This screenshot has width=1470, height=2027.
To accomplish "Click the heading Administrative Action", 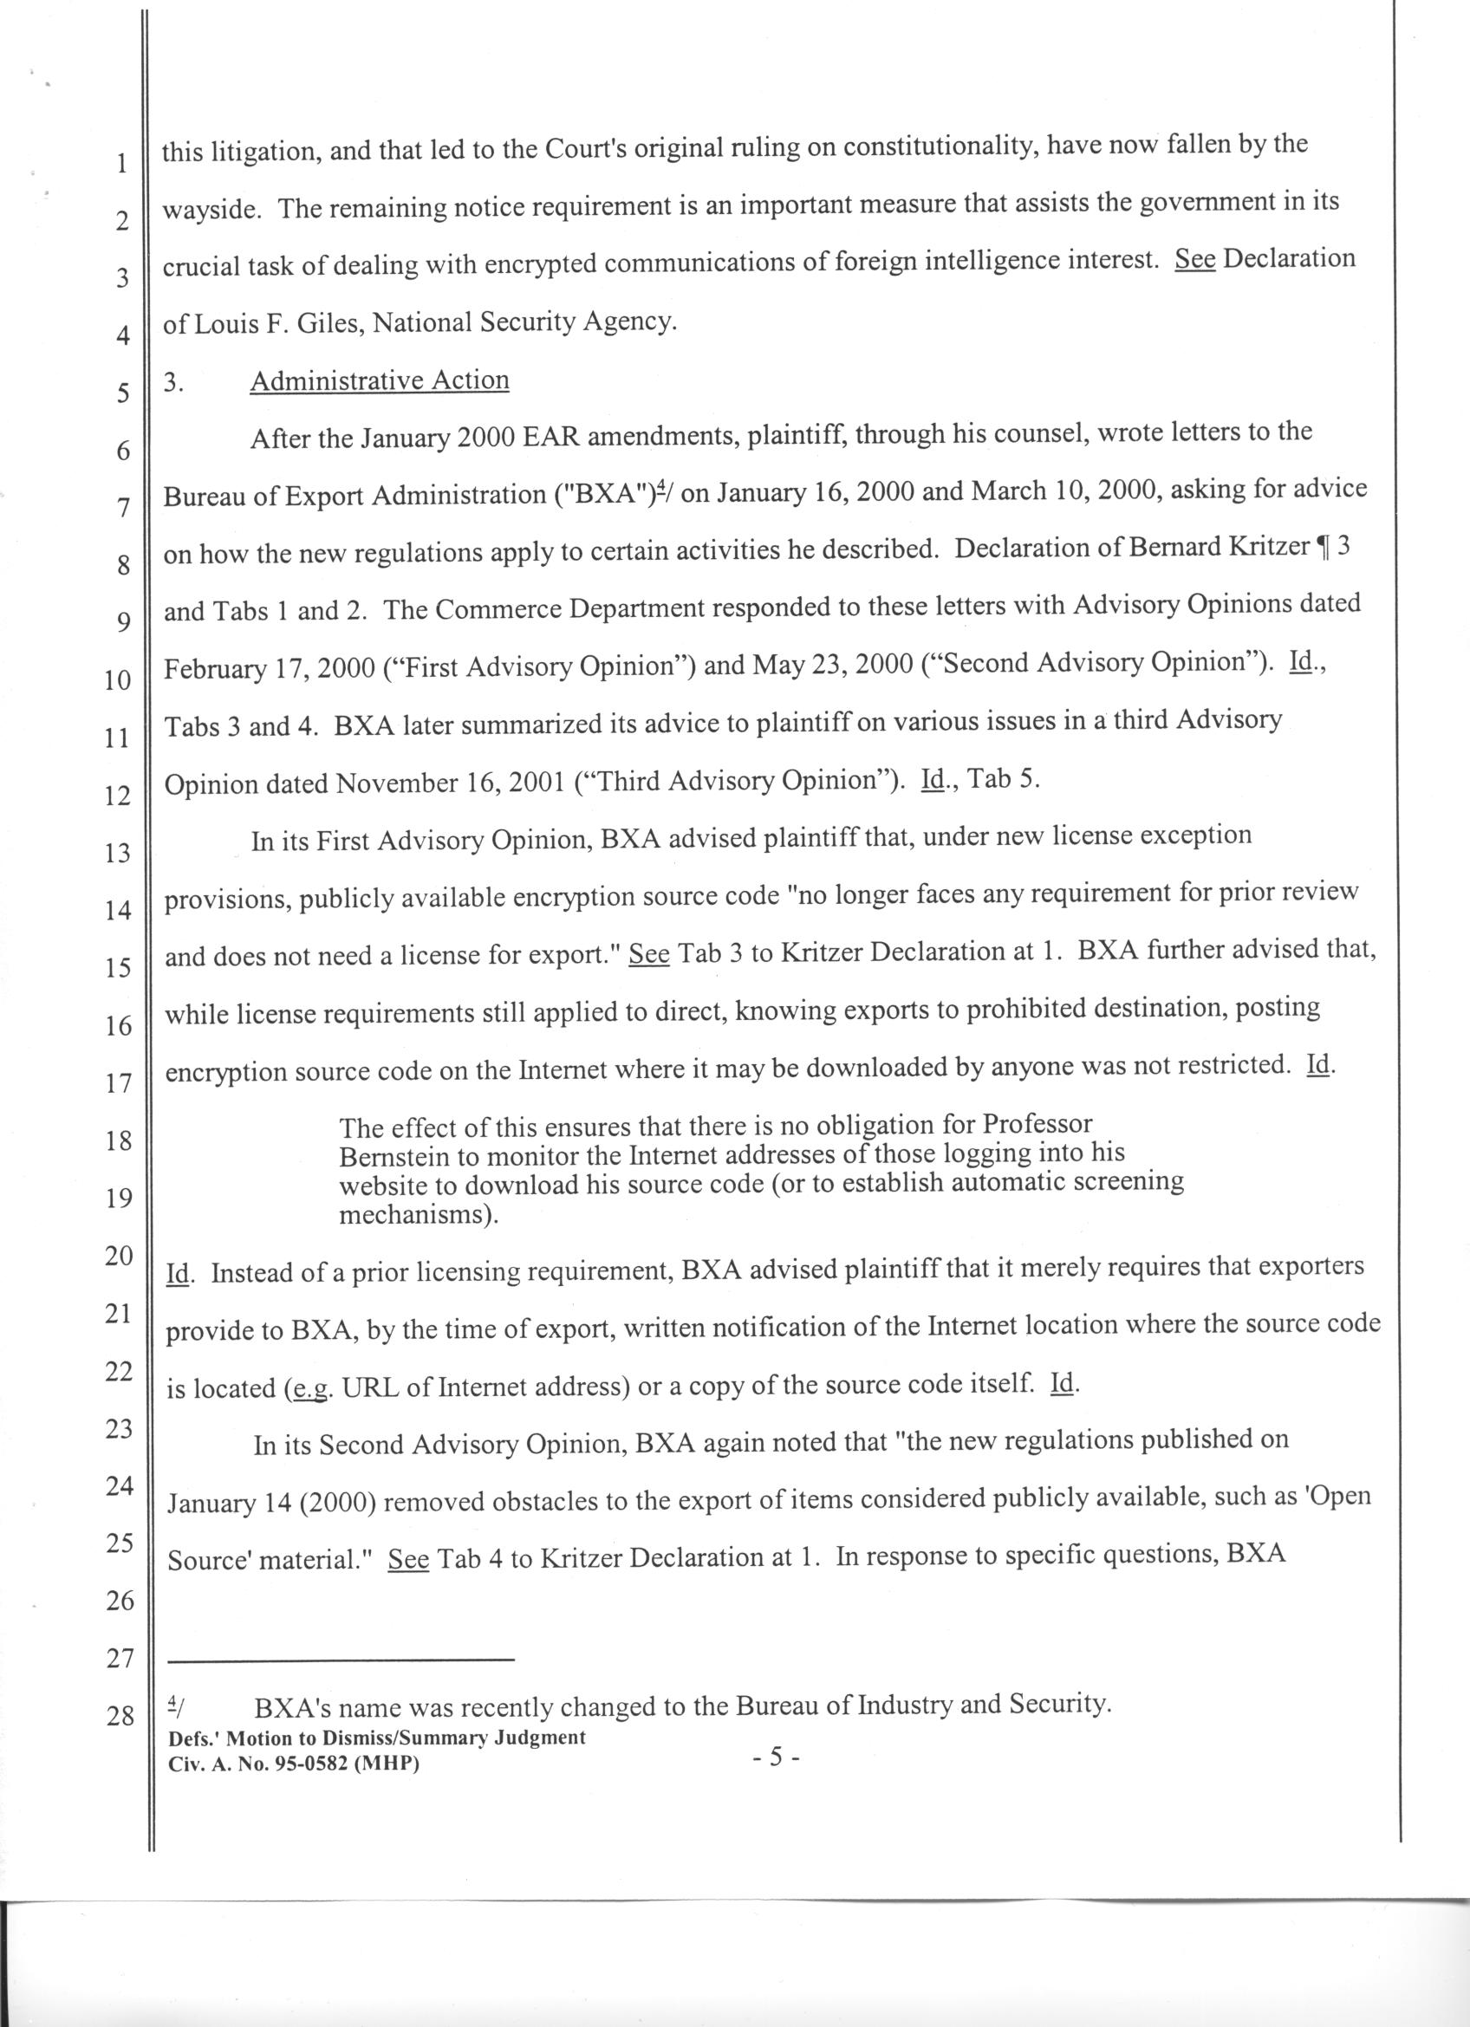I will [379, 380].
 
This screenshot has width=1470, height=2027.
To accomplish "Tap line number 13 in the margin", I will [118, 853].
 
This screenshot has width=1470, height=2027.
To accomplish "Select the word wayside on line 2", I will [211, 209].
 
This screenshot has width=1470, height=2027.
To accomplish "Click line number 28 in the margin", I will [120, 1717].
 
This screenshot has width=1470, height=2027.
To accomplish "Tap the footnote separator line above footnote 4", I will [342, 1660].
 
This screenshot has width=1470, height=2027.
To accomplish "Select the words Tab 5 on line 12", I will [1004, 779].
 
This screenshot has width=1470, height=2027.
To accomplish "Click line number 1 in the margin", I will [120, 165].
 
